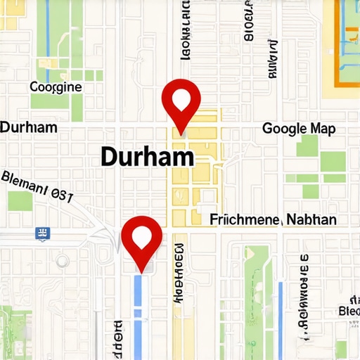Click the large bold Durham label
click(147, 156)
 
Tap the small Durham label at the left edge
click(28, 128)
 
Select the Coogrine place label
click(56, 88)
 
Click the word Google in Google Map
click(285, 129)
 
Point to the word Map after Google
click(323, 129)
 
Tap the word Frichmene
click(246, 220)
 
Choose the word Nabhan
click(311, 220)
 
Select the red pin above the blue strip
click(142, 241)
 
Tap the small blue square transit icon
click(43, 233)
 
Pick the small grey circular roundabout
click(63, 261)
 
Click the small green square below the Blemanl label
click(20, 201)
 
